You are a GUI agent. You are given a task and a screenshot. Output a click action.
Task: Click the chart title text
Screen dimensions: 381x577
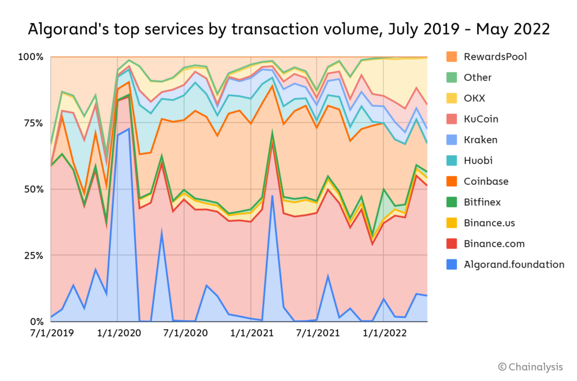(x=288, y=29)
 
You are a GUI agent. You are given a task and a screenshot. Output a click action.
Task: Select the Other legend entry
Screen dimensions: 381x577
(x=477, y=77)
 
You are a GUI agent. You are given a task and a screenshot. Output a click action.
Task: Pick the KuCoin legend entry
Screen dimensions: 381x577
(x=481, y=119)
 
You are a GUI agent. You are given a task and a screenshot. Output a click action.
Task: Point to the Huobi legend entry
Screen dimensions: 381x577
(x=478, y=160)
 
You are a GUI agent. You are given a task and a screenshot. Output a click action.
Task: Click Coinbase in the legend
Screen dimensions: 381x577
(x=486, y=181)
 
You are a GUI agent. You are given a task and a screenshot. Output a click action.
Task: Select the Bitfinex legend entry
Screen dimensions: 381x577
(x=483, y=202)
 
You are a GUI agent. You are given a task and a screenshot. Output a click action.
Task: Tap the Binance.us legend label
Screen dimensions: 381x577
(x=489, y=223)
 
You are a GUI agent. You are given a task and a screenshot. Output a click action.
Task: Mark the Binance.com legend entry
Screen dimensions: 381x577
(x=494, y=244)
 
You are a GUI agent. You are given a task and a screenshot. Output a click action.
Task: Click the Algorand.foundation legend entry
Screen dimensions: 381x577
(x=513, y=265)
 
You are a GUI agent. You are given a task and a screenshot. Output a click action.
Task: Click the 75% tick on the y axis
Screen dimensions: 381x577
(x=34, y=123)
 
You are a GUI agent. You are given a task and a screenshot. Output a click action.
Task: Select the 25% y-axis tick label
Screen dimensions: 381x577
(x=34, y=256)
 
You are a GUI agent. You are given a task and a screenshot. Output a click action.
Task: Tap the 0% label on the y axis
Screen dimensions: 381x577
(x=36, y=322)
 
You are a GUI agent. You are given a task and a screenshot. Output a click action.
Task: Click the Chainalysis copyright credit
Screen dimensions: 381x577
(x=530, y=367)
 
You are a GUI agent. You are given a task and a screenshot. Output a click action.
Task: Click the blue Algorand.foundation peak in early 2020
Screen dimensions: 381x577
(x=129, y=129)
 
